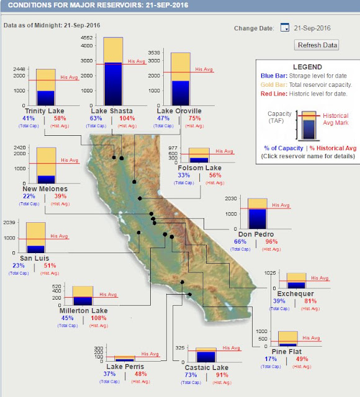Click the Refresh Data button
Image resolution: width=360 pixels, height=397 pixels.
click(317, 45)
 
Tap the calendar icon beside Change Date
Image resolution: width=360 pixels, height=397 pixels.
click(285, 28)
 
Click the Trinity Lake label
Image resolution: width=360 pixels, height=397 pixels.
click(44, 111)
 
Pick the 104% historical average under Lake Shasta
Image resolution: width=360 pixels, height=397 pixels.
click(127, 118)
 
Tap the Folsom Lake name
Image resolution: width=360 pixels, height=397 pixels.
click(199, 168)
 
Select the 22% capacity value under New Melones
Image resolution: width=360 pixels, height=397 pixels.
click(29, 197)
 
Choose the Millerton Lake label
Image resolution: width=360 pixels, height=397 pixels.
click(84, 311)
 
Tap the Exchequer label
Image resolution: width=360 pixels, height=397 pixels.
click(296, 293)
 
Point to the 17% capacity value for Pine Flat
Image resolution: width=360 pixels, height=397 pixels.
click(271, 359)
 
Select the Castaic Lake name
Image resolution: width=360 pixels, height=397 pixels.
click(207, 368)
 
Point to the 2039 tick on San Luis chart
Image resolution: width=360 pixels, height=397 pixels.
click(9, 223)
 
